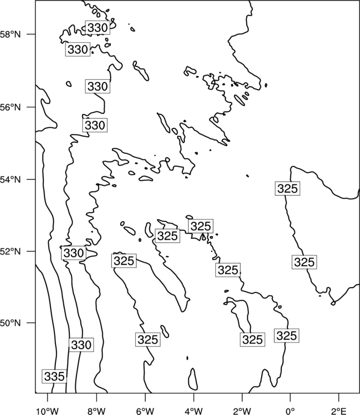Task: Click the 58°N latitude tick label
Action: click(x=11, y=34)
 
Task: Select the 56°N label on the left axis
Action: click(x=11, y=107)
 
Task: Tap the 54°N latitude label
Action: click(x=11, y=180)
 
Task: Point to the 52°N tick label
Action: click(x=11, y=251)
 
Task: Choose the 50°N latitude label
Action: click(x=11, y=323)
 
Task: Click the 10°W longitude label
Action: click(x=48, y=411)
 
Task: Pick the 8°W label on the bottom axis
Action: click(x=96, y=411)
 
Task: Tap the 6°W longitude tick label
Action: click(x=145, y=411)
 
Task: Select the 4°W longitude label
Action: click(x=194, y=411)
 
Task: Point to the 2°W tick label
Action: click(x=242, y=411)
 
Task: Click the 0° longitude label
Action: click(x=291, y=411)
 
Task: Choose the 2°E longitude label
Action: click(x=339, y=411)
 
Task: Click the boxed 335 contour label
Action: click(x=54, y=376)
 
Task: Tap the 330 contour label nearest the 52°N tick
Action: click(x=74, y=253)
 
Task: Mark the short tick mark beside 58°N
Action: click(x=31, y=34)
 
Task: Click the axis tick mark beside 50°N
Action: click(x=31, y=323)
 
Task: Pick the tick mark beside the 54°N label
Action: click(x=31, y=179)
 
